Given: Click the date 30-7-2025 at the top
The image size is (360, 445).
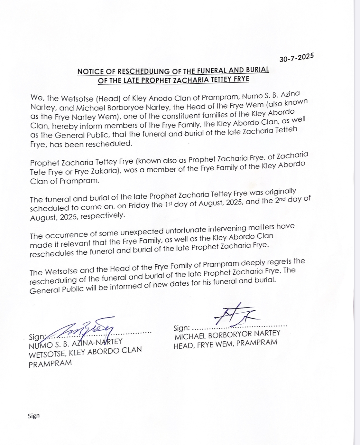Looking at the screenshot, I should click(x=296, y=58).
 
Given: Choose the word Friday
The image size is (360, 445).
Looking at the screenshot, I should click(x=139, y=205).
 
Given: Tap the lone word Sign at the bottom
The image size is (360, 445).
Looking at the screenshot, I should click(x=33, y=416).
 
